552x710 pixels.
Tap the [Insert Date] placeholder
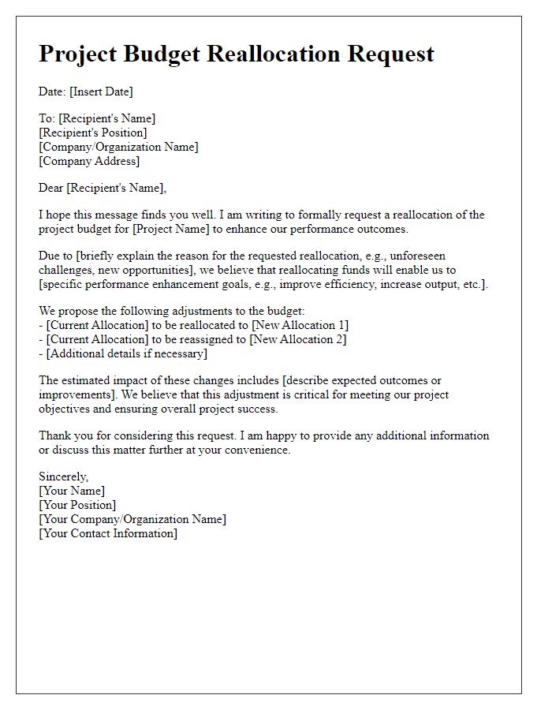pyautogui.click(x=102, y=92)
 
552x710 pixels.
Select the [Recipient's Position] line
pyautogui.click(x=93, y=133)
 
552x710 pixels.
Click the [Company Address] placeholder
pyautogui.click(x=89, y=161)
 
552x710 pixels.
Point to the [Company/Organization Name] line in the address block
pyautogui.click(x=118, y=147)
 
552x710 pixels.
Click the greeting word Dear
pyautogui.click(x=51, y=188)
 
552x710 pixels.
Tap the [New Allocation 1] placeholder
pyautogui.click(x=298, y=325)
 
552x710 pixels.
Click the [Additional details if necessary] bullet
pyautogui.click(x=126, y=353)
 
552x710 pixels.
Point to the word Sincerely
pyautogui.click(x=63, y=476)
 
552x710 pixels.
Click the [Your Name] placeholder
pyautogui.click(x=72, y=491)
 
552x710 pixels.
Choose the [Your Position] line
pyautogui.click(x=77, y=505)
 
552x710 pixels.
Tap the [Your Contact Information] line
pyautogui.click(x=108, y=533)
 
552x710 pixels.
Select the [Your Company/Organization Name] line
pyautogui.click(x=132, y=519)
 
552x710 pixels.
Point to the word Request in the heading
pyautogui.click(x=391, y=54)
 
